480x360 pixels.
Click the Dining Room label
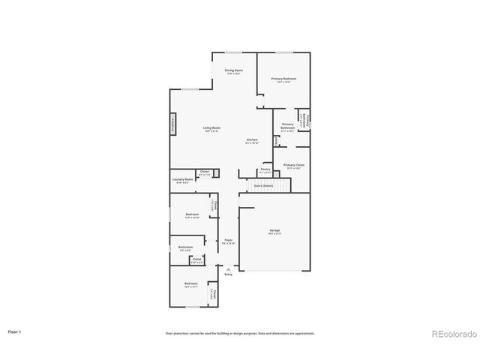[x=233, y=70]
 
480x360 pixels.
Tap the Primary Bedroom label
[x=283, y=79]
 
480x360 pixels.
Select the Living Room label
[x=211, y=128]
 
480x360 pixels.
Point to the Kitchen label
[x=253, y=140]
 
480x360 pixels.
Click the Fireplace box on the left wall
[x=174, y=123]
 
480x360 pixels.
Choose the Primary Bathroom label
[x=288, y=127]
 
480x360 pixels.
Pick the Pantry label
[x=265, y=170]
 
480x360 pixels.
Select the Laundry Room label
[x=183, y=180]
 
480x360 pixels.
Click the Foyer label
[x=228, y=241]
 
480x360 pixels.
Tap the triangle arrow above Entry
[x=228, y=268]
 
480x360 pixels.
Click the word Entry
[x=228, y=274]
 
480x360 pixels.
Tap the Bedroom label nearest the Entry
[x=191, y=283]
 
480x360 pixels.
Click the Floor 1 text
[x=14, y=331]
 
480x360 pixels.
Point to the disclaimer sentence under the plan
[x=240, y=333]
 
